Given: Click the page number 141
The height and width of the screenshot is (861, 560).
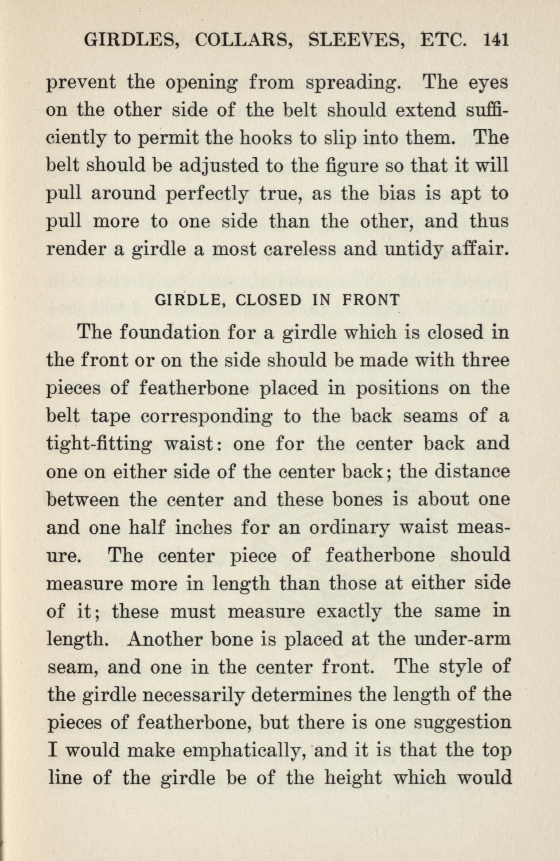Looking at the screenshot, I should tap(496, 40).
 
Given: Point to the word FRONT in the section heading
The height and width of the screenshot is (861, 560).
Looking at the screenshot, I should tap(371, 300).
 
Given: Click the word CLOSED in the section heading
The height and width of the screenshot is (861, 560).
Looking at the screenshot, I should tap(269, 300).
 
